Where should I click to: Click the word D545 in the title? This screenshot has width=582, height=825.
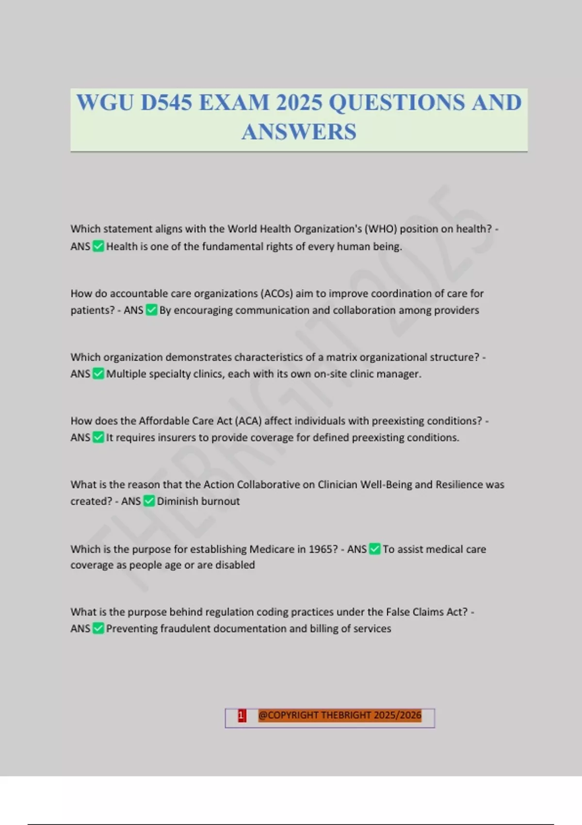coord(166,103)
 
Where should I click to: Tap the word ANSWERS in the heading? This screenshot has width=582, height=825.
coord(299,132)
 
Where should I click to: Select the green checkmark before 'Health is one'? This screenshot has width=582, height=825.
coord(98,247)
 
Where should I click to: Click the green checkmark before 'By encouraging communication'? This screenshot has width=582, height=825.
coord(151,310)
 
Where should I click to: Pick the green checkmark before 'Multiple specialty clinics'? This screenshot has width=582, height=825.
coord(98,374)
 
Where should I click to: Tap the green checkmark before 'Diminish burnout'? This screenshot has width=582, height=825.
coord(149,501)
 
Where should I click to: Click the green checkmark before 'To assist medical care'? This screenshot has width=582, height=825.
coord(374,549)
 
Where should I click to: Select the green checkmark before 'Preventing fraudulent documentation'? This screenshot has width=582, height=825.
coord(98,628)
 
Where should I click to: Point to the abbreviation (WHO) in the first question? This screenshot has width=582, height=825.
coord(380,229)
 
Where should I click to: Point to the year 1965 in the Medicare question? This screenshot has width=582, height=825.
coord(321,549)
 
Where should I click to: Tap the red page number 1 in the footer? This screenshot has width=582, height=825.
coord(242,715)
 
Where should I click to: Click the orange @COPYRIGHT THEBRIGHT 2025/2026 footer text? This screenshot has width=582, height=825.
coord(339,715)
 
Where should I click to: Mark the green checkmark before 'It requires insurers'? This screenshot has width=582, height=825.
coord(98,437)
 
